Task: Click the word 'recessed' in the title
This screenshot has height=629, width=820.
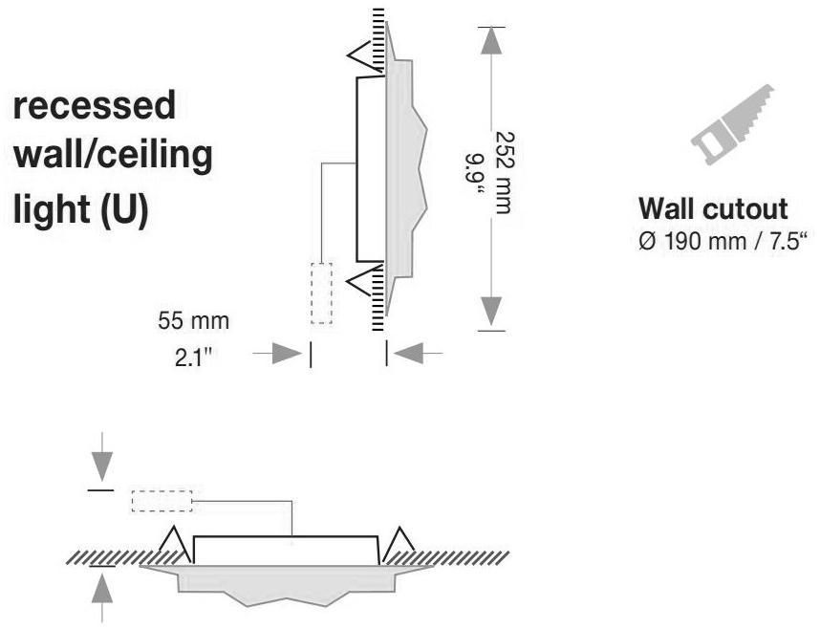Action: click(94, 106)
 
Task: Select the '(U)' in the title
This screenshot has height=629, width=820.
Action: click(123, 209)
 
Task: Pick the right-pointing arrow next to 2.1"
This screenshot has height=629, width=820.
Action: click(280, 355)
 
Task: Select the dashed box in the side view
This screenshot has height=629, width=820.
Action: click(322, 293)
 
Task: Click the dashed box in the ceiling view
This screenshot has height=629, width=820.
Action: click(162, 501)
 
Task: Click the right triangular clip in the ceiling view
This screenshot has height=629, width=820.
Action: click(398, 541)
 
